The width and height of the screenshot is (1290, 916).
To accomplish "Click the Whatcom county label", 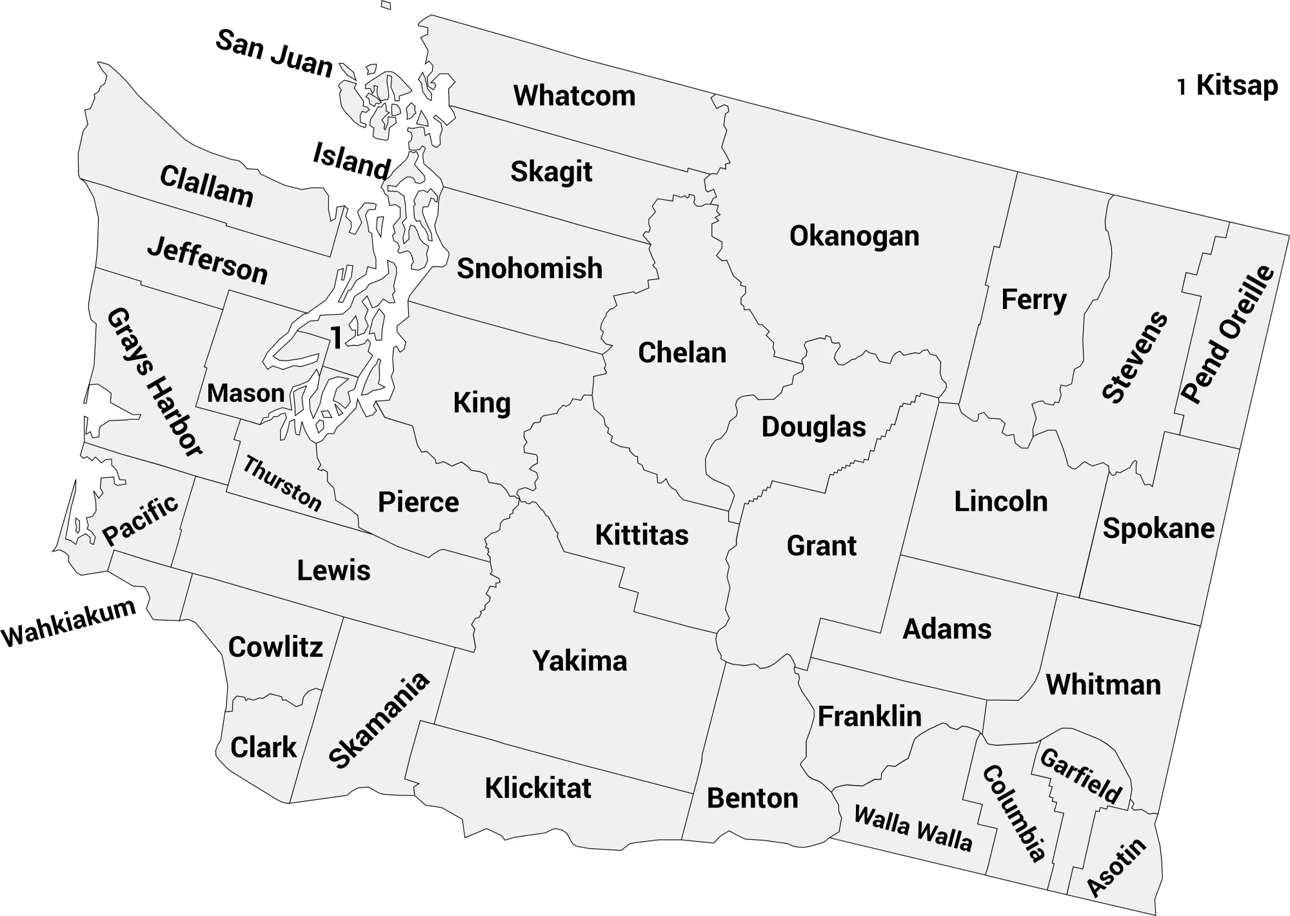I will pos(574,96).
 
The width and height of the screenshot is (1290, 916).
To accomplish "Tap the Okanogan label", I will pos(854,236).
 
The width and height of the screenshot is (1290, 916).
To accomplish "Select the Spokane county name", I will pos(1158,528).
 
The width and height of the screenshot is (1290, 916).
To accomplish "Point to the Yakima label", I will pos(579,661).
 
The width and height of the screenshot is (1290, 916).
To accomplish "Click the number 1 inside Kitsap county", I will pos(336,338).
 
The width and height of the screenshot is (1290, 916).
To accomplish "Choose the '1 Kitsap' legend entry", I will pos(1227,86).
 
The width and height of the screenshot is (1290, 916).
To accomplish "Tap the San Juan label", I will pos(273,53).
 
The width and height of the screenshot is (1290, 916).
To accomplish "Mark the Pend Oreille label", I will pos(1227,334).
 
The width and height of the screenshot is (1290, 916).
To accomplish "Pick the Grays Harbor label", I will pos(155,382).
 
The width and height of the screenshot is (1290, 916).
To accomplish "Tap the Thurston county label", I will pos(282,484).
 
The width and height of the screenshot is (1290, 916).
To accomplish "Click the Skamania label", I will pos(379,721).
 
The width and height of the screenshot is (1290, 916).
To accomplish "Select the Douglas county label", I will pos(813,427).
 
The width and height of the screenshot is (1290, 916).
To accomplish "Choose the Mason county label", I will pos(246,393).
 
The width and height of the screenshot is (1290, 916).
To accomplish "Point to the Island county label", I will pos(352,161).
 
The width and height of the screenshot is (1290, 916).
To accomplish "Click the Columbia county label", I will pos(1014,813).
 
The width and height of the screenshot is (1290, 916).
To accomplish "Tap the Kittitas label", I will pos(641,535).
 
